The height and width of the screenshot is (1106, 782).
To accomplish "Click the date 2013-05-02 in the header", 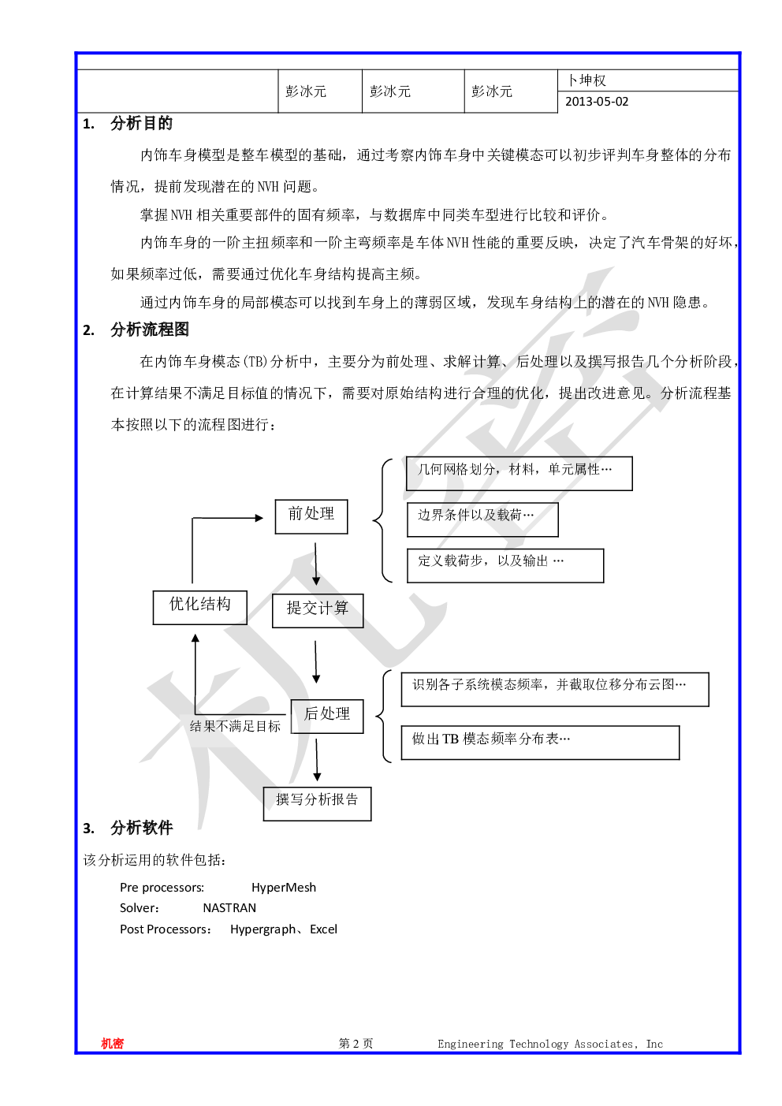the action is [597, 102].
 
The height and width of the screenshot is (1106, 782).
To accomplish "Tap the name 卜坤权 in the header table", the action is [586, 80].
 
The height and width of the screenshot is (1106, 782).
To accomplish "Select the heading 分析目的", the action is [141, 124].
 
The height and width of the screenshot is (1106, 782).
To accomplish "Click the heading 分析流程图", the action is [150, 330].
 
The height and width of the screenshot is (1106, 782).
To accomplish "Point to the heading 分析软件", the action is [141, 828].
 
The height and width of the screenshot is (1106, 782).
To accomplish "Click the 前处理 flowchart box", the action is [311, 516].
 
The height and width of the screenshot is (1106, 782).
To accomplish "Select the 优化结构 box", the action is [200, 607].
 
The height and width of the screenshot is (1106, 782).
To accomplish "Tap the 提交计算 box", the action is [318, 611].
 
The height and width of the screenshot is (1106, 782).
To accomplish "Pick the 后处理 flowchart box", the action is [327, 716].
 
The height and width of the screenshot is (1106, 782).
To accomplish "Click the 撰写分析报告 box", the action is [317, 804].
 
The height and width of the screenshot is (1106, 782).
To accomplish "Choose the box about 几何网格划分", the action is [519, 474].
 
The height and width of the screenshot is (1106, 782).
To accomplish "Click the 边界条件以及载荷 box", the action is [482, 519].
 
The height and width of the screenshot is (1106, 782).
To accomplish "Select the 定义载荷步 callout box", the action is [505, 565].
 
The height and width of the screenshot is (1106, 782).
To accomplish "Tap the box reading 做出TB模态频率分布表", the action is [540, 742].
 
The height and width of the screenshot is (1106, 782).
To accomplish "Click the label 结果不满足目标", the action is [235, 726].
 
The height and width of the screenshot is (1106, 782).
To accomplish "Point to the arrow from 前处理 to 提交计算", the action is [316, 564].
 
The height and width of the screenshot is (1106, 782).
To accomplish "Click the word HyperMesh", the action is [283, 888].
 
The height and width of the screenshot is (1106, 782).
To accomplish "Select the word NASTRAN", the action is [229, 908].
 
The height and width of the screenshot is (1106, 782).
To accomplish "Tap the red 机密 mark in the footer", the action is [112, 1043].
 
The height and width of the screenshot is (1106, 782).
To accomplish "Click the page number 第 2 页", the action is [356, 1043].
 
